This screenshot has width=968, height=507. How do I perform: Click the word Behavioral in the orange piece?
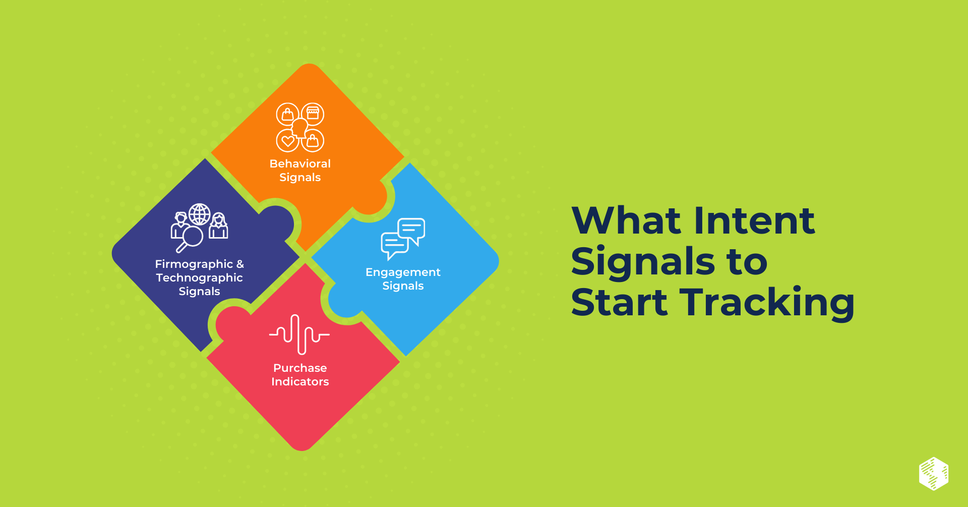pos(300,163)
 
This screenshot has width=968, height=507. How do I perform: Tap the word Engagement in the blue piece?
pos(403,272)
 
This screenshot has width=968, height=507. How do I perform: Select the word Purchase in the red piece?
pos(300,368)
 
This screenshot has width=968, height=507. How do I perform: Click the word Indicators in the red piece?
pos(300,381)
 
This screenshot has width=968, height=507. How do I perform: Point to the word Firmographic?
pos(194,264)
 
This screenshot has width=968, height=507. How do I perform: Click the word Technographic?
pos(199,277)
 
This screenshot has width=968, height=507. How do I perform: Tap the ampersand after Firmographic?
pos(240,264)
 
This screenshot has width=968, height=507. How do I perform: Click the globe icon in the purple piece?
pos(200,214)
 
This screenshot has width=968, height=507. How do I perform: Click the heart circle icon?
pos(288,141)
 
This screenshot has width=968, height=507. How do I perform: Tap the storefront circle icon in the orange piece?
pos(313,114)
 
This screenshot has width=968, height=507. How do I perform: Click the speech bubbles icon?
pos(403,239)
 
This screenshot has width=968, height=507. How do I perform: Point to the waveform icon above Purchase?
pos(299,334)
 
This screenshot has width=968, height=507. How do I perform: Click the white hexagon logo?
pos(934,474)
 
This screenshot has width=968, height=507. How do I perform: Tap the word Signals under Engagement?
pos(403,286)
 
